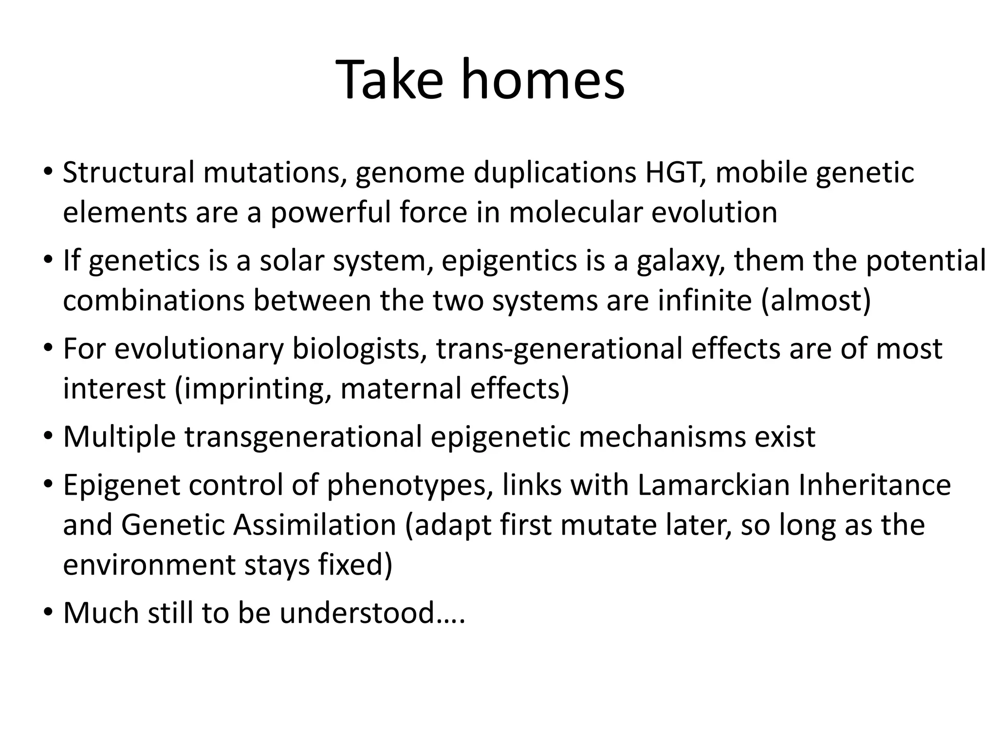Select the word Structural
pos(129,173)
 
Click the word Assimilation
pos(314,525)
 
